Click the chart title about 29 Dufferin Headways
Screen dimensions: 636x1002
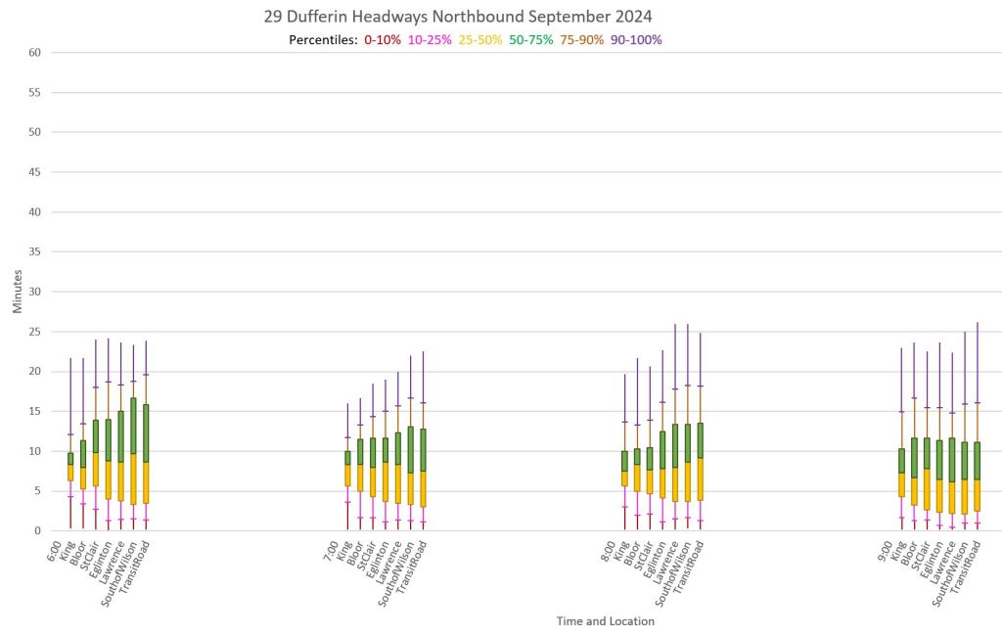(x=458, y=17)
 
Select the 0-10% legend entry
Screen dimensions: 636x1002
(x=383, y=40)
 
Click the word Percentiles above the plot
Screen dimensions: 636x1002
(x=323, y=40)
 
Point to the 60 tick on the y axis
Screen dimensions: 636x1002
(x=33, y=53)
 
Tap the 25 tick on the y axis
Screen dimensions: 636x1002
(x=33, y=332)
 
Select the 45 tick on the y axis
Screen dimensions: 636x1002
(x=33, y=172)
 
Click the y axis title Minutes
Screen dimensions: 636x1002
(x=18, y=292)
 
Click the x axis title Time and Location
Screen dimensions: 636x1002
(x=606, y=620)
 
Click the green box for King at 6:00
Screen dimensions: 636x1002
(x=70, y=458)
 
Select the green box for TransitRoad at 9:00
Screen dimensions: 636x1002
(x=977, y=460)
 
